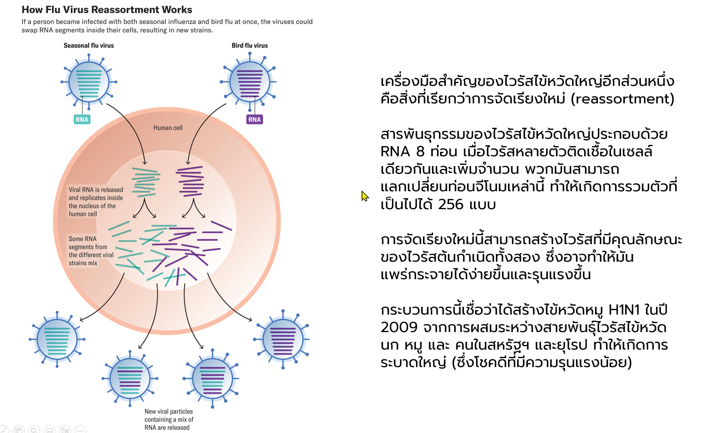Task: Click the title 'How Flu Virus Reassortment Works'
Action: pyautogui.click(x=107, y=9)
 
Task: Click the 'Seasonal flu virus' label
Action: pyautogui.click(x=89, y=46)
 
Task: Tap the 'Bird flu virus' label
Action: pyautogui.click(x=250, y=46)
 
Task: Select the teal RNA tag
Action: pyautogui.click(x=82, y=119)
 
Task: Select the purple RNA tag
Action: pyautogui.click(x=255, y=119)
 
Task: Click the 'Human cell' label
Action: pyautogui.click(x=168, y=128)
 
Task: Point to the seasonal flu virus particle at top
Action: pyautogui.click(x=89, y=82)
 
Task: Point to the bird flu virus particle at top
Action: pyautogui.click(x=249, y=82)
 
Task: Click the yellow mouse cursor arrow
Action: pyautogui.click(x=364, y=196)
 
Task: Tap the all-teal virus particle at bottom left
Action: pyautogui.click(x=57, y=339)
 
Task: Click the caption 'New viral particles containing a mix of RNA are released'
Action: pyautogui.click(x=169, y=419)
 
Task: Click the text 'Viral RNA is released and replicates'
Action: pyautogui.click(x=96, y=194)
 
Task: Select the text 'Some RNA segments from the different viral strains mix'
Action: pyautogui.click(x=91, y=251)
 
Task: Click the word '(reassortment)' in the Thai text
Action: pyautogui.click(x=622, y=99)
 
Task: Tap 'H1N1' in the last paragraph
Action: pyautogui.click(x=624, y=310)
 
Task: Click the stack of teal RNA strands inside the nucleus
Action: pyautogui.click(x=145, y=182)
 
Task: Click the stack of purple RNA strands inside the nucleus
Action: pyautogui.click(x=190, y=181)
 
